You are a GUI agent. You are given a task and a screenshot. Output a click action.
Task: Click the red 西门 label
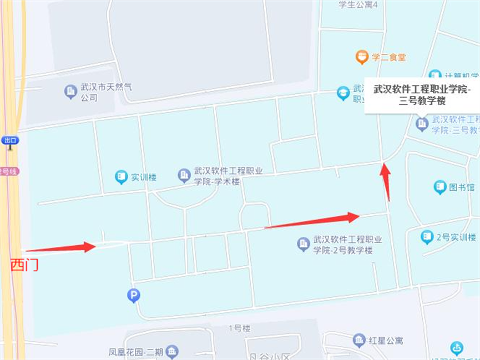pos(24,265)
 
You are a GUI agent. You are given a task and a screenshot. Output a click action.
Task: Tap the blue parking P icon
pos(134,296)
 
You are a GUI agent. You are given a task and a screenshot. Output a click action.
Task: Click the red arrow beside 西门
pos(61,248)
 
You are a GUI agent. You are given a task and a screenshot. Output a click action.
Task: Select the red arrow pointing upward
pos(385,181)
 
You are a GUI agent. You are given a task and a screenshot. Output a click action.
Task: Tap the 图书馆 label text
pos(462,187)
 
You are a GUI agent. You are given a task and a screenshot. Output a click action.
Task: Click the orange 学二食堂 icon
pos(362,57)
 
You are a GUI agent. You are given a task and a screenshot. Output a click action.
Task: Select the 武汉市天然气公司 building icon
pos(70,92)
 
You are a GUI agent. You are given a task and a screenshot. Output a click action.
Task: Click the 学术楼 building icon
pos(184,176)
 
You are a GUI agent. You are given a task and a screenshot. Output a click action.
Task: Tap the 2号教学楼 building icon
pos(303,244)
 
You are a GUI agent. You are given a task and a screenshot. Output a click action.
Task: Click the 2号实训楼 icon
pos(427,237)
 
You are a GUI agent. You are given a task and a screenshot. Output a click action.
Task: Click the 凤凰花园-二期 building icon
pos(172,352)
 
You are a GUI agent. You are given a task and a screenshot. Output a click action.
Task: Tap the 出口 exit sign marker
pos(10,140)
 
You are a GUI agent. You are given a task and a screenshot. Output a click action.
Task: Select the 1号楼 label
pos(239,328)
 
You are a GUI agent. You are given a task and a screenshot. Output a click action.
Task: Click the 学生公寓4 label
pos(358,5)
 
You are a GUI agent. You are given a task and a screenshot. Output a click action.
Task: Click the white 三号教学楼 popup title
pos(421,94)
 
